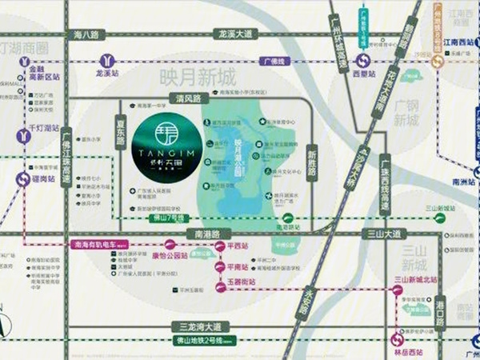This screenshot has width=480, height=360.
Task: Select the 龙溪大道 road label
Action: pyautogui.click(x=235, y=34)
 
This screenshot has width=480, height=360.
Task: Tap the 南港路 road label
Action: pyautogui.click(x=206, y=234)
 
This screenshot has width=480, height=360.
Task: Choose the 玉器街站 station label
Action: pyautogui.click(x=242, y=282)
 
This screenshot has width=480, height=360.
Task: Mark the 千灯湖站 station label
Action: pyautogui.click(x=42, y=128)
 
